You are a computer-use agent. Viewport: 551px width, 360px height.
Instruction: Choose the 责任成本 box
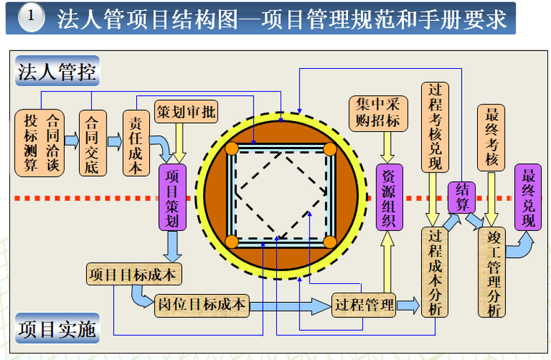pyautogui.click(x=134, y=143)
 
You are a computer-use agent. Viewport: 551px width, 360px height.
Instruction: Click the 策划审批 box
pyautogui.click(x=186, y=112)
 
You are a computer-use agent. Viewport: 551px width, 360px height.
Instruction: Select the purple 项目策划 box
pyautogui.click(x=173, y=198)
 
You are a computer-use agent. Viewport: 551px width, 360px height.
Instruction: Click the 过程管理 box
pyautogui.click(x=363, y=305)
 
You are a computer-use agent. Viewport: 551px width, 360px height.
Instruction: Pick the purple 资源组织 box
pyautogui.click(x=389, y=198)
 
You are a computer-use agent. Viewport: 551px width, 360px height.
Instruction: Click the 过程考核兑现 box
pyautogui.click(x=435, y=127)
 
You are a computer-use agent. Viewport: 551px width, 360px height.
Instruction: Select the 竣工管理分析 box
pyautogui.click(x=492, y=272)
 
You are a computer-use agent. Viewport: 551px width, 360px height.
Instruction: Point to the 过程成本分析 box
pyautogui.click(x=435, y=272)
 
